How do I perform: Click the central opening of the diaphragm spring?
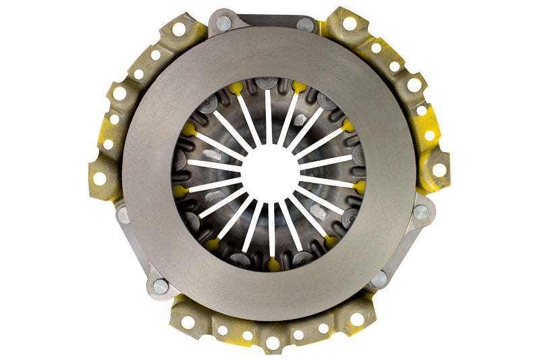pyautogui.click(x=270, y=172)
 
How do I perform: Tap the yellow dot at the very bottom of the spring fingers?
pyautogui.click(x=272, y=265)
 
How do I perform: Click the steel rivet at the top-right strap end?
pyautogui.click(x=305, y=25)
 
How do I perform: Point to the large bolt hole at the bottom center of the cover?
pyautogui.click(x=273, y=343)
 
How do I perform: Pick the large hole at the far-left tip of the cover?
pyautogui.click(x=99, y=178)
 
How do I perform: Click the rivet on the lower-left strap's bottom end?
pyautogui.click(x=161, y=286)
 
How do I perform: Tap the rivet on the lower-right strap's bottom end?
pyautogui.click(x=379, y=278)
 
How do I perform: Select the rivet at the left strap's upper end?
pyautogui.click(x=124, y=215)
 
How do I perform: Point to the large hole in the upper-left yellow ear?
pyautogui.click(x=179, y=29)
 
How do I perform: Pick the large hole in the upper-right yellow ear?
pyautogui.click(x=350, y=24)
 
